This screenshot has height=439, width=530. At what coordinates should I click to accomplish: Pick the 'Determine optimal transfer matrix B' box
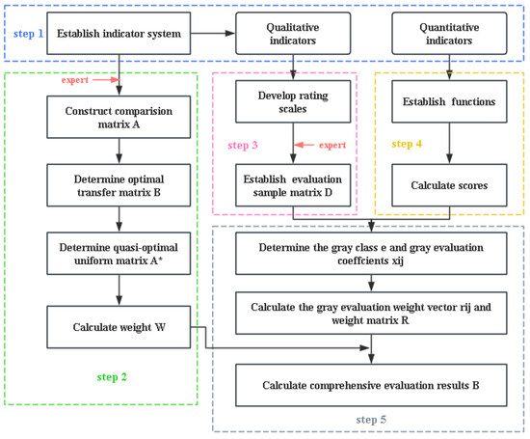(x=119, y=187)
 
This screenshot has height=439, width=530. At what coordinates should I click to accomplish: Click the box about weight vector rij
(x=371, y=316)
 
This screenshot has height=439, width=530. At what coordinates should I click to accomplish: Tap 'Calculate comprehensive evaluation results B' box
(x=371, y=385)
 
